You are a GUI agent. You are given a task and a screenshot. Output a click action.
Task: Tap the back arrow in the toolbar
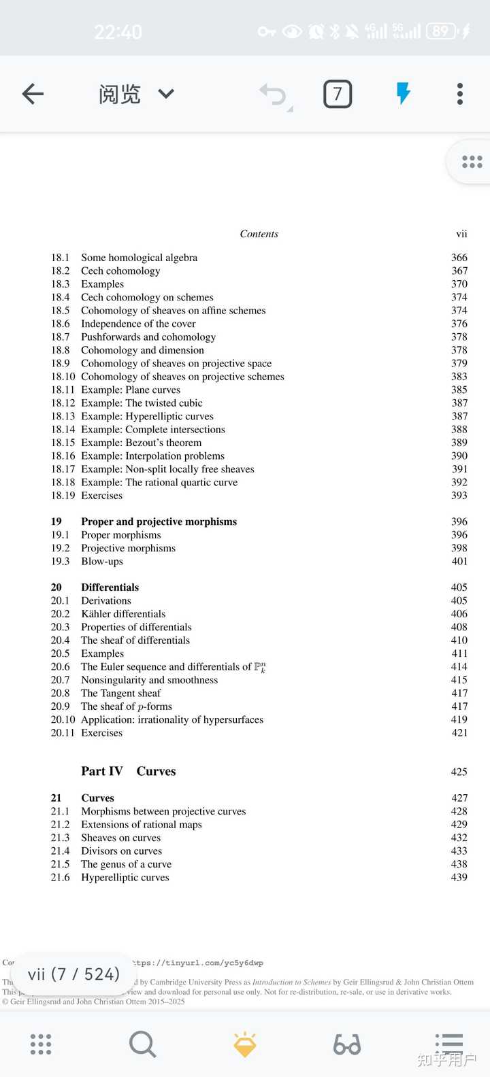(33, 94)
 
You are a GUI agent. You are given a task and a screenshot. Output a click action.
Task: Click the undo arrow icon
(274, 95)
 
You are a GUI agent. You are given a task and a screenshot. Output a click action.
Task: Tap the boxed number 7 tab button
(338, 94)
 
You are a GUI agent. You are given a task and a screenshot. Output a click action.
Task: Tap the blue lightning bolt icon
(404, 93)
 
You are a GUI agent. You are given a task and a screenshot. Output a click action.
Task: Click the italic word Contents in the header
(259, 234)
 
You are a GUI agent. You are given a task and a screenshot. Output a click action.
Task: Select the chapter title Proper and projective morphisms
(159, 522)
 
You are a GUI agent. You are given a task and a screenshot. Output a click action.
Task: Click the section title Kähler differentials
(123, 614)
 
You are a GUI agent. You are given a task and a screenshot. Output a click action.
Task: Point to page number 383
(459, 377)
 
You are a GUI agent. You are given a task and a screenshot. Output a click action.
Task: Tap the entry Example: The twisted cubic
(142, 403)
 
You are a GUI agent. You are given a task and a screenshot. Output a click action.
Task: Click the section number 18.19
(63, 496)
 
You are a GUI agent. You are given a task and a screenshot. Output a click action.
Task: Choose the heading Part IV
(101, 771)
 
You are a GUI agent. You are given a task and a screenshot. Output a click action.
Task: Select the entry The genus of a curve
(126, 864)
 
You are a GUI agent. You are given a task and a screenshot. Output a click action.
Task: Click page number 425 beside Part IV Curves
(459, 772)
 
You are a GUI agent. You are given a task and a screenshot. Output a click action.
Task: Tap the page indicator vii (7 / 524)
(73, 974)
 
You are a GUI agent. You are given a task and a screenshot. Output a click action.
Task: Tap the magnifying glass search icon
(142, 1044)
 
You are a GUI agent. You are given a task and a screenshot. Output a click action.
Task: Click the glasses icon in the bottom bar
(347, 1044)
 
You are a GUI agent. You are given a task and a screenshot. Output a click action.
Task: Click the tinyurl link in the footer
(198, 963)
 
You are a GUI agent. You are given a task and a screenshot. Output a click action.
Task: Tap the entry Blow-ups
(102, 562)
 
